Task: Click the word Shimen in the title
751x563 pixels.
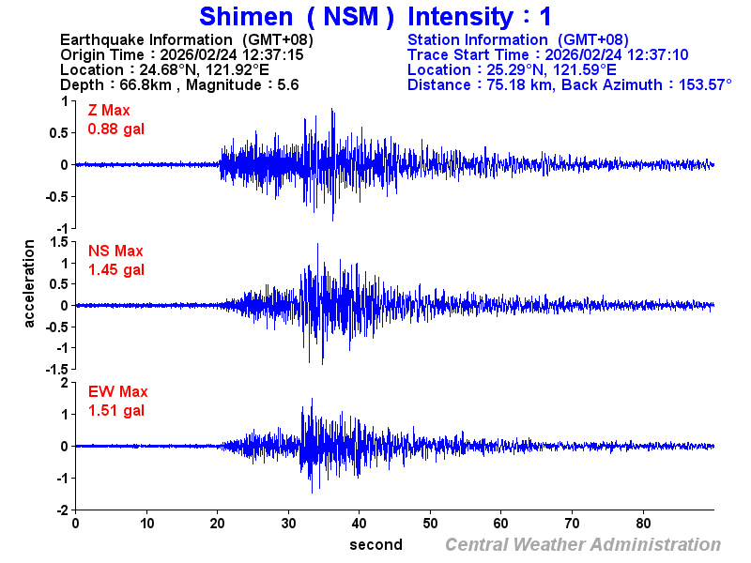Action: click(244, 16)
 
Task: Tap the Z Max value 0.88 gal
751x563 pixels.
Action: click(115, 129)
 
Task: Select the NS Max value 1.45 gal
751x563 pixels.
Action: click(115, 269)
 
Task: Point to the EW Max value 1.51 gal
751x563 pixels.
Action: click(115, 410)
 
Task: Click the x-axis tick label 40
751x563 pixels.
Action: click(359, 523)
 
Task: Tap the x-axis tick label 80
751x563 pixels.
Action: click(643, 523)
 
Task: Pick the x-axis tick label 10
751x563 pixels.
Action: click(146, 523)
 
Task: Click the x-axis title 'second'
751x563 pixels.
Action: click(375, 544)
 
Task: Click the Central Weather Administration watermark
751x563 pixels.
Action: click(582, 544)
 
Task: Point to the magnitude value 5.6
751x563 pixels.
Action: click(287, 84)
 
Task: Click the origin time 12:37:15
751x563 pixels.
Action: click(273, 54)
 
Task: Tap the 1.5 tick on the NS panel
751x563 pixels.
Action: click(58, 242)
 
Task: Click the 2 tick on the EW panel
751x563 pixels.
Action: click(64, 383)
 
